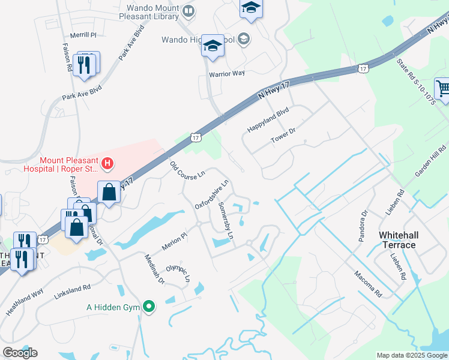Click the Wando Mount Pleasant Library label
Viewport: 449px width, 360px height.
coord(152,12)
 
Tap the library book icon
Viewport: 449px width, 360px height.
coord(188,11)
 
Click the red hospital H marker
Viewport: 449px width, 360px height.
coord(107,162)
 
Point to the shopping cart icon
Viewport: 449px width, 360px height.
coord(443,88)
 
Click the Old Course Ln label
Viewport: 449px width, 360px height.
coord(187,169)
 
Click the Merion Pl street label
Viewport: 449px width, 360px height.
coord(175,242)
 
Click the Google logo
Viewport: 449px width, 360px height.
coord(20,353)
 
